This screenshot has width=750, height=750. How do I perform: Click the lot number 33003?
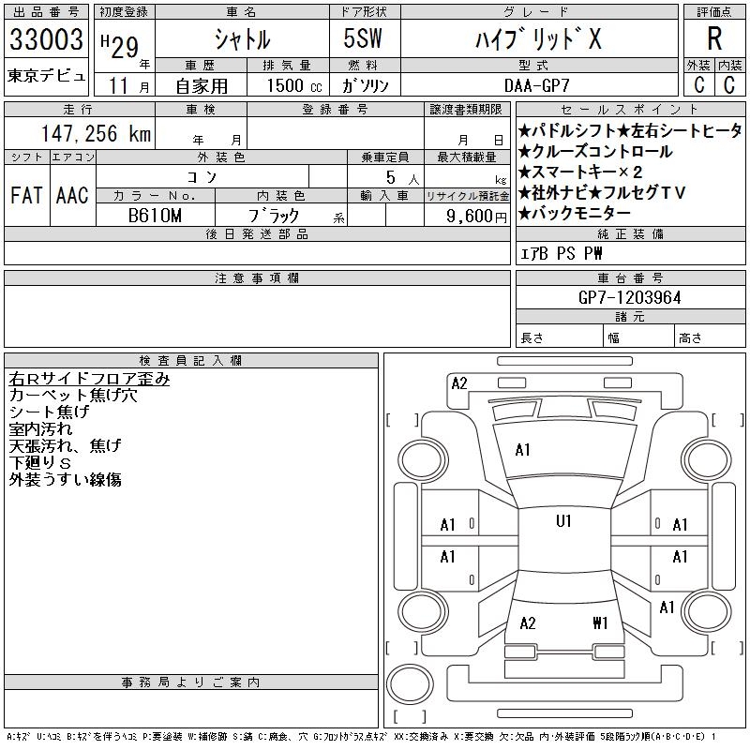tap(46, 39)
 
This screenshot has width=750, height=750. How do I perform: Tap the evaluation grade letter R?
tap(714, 38)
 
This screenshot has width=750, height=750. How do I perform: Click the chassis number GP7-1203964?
tap(630, 297)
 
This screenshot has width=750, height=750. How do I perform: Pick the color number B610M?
tap(155, 215)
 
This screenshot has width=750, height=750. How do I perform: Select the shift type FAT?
tap(26, 195)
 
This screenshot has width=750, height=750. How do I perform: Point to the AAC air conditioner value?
tap(72, 195)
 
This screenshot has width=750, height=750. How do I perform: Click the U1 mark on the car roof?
tap(563, 521)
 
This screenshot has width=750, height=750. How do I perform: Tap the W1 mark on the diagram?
tap(601, 622)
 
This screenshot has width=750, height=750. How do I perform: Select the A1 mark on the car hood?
tap(522, 450)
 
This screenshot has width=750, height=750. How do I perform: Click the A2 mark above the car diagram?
tap(459, 382)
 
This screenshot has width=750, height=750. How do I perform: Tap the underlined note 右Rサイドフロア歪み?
tap(89, 379)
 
